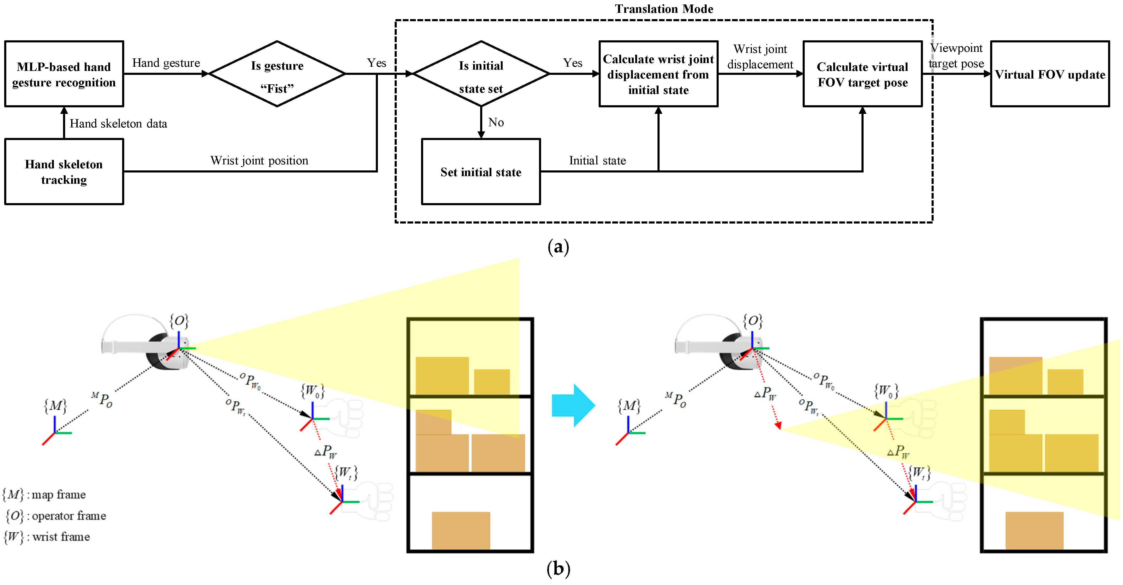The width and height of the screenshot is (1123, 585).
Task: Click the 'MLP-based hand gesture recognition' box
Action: point(64,74)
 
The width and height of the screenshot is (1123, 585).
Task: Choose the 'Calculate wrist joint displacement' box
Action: point(658,74)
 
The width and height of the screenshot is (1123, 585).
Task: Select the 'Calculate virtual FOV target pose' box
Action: point(862,74)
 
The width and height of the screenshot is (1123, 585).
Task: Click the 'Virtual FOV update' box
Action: point(1050,74)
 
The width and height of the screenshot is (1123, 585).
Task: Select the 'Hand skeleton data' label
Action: point(118,124)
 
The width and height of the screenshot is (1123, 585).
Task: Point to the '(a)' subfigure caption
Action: point(558,247)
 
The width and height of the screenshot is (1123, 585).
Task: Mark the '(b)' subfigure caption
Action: point(558,569)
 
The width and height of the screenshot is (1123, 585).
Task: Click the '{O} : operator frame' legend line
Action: point(56,516)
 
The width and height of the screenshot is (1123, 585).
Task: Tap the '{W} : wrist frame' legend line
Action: point(47,537)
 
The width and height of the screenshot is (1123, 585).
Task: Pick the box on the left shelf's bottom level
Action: point(461,530)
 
